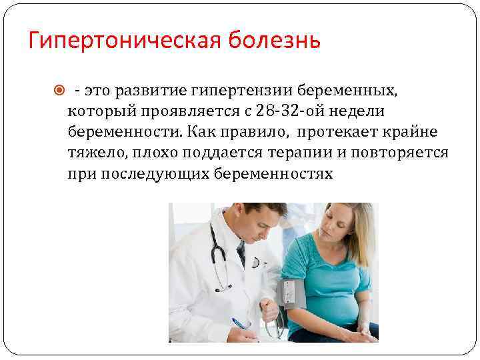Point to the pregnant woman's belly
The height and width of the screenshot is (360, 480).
coord(336,311)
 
